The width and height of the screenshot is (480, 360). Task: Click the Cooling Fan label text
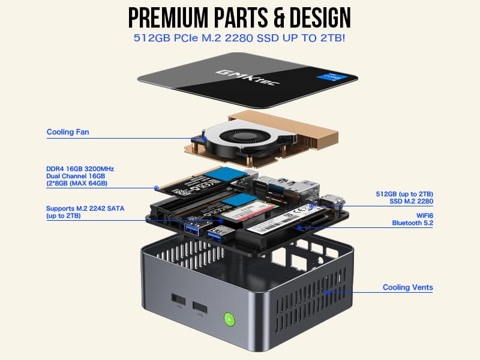tap(68, 132)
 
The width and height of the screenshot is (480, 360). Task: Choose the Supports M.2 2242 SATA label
tap(85, 209)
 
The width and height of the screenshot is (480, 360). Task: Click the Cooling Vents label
tap(407, 287)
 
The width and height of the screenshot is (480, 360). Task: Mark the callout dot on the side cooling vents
tap(327, 292)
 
